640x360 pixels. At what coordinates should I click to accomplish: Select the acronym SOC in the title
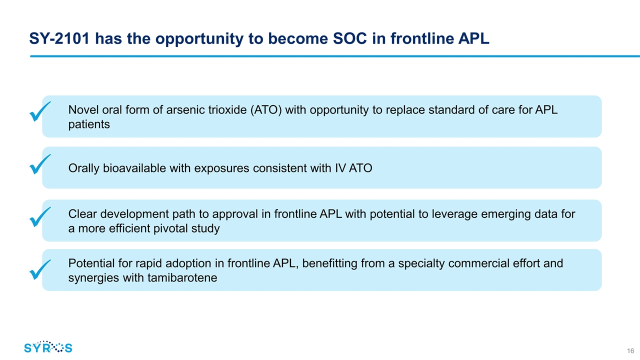click(341, 38)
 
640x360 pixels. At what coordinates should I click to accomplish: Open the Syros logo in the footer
click(48, 347)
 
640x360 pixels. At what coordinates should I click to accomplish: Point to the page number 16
click(630, 349)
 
